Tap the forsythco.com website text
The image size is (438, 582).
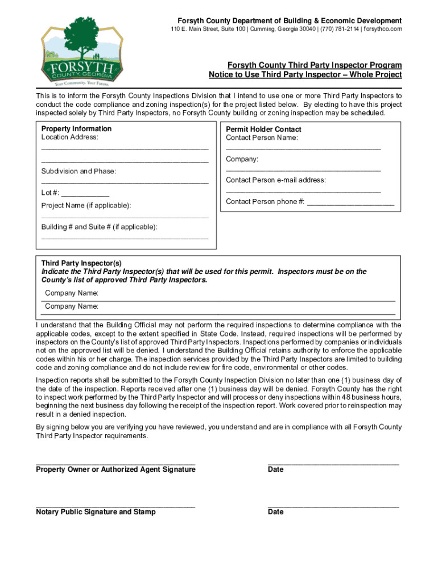click(383, 29)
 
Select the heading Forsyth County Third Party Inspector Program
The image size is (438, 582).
click(315, 65)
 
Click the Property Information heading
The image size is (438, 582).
click(76, 129)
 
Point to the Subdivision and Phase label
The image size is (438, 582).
click(78, 171)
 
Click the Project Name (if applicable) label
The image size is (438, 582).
click(86, 205)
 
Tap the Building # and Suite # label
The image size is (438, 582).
click(99, 227)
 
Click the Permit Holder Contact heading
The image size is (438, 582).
click(263, 130)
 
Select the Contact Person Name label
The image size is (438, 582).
click(262, 138)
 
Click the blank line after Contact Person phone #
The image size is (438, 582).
click(350, 202)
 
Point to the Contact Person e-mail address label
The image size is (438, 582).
click(276, 180)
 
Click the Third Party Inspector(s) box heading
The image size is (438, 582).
click(81, 264)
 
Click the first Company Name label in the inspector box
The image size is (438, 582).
click(72, 293)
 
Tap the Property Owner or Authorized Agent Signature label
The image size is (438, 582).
click(115, 469)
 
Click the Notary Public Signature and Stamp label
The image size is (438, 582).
click(96, 512)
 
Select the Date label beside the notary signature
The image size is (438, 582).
click(275, 512)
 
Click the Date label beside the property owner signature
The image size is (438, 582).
click(275, 469)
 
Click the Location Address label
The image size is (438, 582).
click(69, 138)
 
